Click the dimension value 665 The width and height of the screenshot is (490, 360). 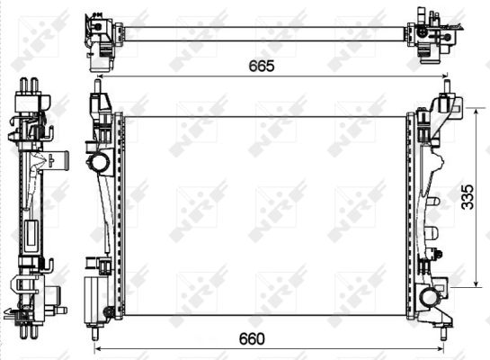(x=262, y=66)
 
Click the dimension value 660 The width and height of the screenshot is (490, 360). (x=252, y=338)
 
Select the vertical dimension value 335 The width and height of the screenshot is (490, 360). (x=468, y=197)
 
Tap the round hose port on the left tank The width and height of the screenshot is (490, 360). (x=97, y=163)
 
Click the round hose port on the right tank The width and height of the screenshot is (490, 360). (x=429, y=298)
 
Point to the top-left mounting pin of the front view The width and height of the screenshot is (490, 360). (x=97, y=86)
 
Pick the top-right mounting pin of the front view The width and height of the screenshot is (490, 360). (x=447, y=86)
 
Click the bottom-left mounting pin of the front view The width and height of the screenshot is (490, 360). (x=94, y=333)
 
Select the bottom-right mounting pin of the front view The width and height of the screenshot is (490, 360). (x=443, y=333)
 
